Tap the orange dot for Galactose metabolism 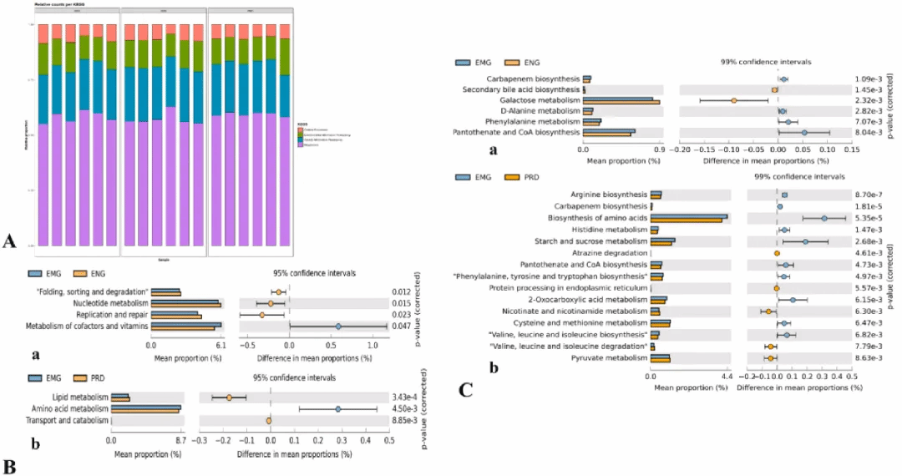click(x=733, y=100)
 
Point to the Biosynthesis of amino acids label click(x=597, y=217)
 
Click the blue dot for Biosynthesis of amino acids click(x=824, y=218)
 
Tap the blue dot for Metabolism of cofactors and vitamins click(x=339, y=327)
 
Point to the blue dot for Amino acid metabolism click(x=338, y=409)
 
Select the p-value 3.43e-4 click(x=403, y=398)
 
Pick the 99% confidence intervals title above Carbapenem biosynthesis click(x=766, y=62)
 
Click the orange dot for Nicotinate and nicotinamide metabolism click(x=768, y=311)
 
